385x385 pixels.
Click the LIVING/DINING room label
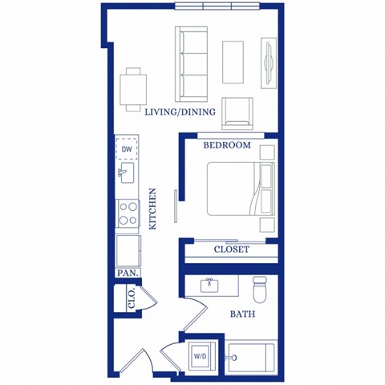pyautogui.click(x=180, y=112)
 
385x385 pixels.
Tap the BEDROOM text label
pyautogui.click(x=227, y=146)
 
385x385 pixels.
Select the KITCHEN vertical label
pyautogui.click(x=153, y=209)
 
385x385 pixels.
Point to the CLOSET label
pyautogui.click(x=231, y=249)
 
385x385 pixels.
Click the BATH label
pyautogui.click(x=243, y=314)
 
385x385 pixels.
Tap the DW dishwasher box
pyautogui.click(x=127, y=148)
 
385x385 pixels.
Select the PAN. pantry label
pyautogui.click(x=127, y=273)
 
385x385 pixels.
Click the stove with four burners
pyautogui.click(x=128, y=212)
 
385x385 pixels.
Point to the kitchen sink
pyautogui.click(x=127, y=172)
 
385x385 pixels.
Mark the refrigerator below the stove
pyautogui.click(x=128, y=249)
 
